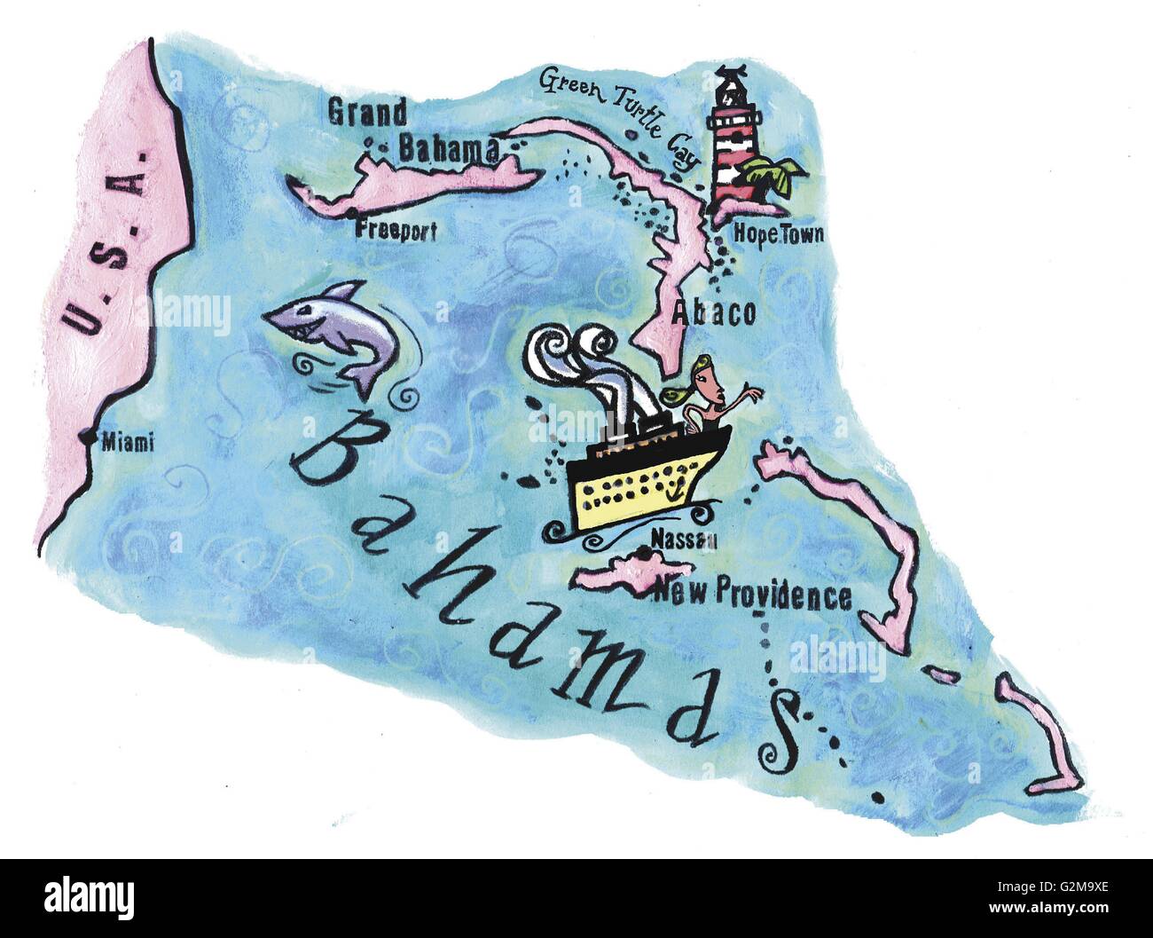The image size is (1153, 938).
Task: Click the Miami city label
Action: pyautogui.click(x=128, y=441)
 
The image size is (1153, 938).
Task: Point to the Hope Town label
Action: pyautogui.click(x=779, y=235)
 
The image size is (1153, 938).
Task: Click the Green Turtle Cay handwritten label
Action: pyautogui.click(x=617, y=110)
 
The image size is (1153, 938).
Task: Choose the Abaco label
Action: pyautogui.click(x=714, y=312)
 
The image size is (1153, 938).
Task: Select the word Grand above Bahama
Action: pyautogui.click(x=367, y=113)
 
